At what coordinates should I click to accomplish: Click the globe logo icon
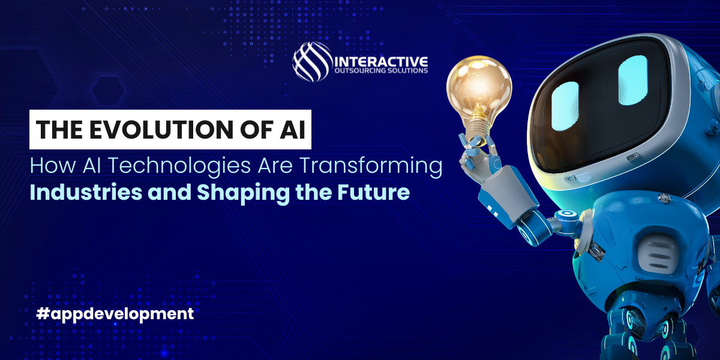(312, 61)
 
